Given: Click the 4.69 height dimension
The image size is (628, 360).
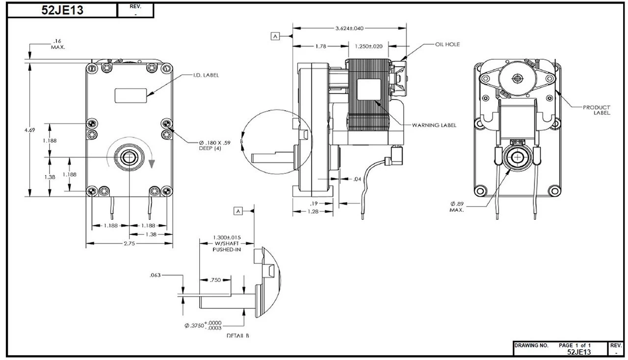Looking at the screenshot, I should pos(30,130).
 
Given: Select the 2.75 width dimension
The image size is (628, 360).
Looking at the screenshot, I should pos(130,243).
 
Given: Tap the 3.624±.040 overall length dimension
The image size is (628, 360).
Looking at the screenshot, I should pos(349,28).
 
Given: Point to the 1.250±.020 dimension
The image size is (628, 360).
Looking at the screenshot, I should pos(368,46).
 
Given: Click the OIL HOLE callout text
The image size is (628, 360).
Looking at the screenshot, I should pos(447,45).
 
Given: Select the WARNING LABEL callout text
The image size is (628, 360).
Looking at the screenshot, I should pos(434,125).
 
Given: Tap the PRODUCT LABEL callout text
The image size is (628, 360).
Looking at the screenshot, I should pos(597,110).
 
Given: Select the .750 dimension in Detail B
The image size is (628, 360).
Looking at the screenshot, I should pos(215,280).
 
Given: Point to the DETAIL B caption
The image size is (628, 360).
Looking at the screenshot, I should pos(238,335).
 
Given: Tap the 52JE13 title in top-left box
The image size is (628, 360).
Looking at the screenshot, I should pos(63,10).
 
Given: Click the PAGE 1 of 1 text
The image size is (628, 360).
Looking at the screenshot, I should pos(575,345).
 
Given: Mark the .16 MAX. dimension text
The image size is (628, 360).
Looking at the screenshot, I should pos(58,44).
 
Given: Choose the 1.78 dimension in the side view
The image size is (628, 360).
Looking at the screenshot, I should pos(320,46).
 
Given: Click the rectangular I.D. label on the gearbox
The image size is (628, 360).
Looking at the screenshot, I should pos(131,95).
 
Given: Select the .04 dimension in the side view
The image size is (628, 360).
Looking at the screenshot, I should pos(357,179).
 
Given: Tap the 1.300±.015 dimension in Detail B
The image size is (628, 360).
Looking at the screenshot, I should pos(227,240).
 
